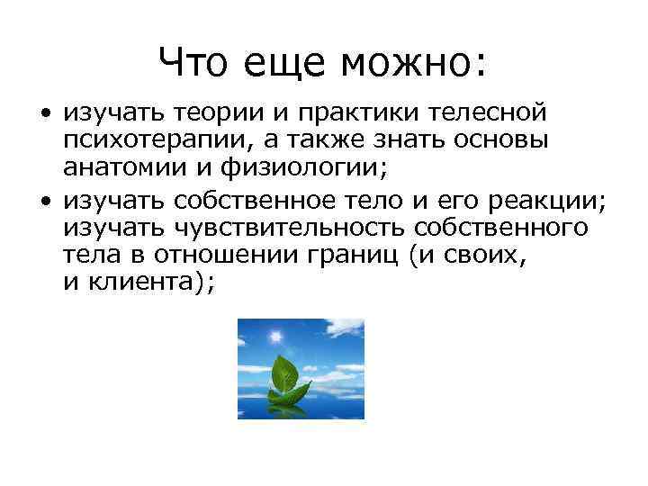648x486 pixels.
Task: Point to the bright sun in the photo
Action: [x=271, y=336]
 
